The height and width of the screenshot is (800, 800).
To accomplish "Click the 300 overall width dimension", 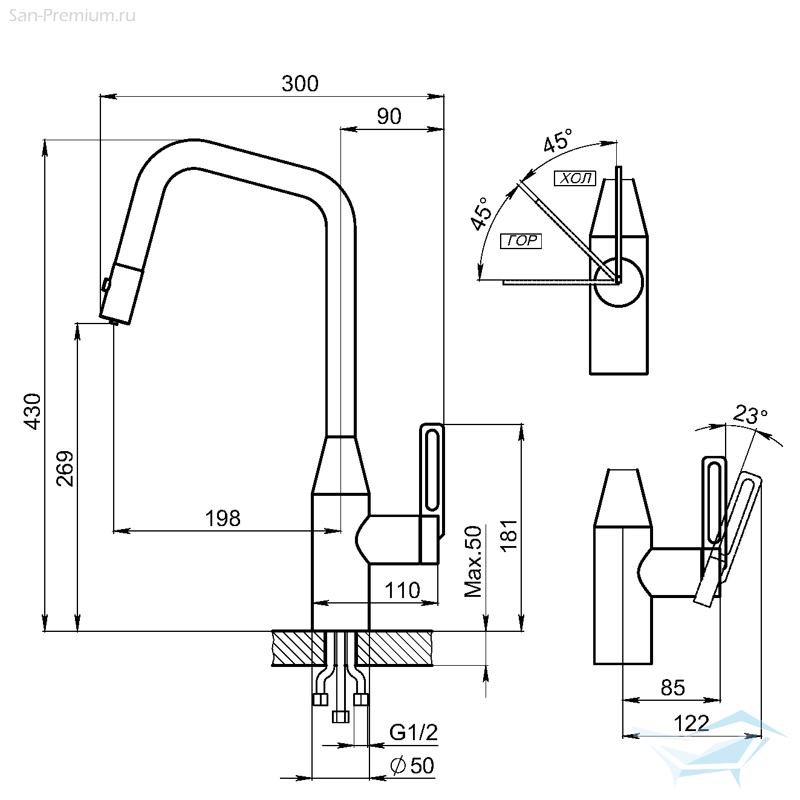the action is tap(300, 83).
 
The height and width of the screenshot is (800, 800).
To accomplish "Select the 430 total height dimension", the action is tap(33, 411).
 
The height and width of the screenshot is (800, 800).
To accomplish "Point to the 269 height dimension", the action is tap(65, 468).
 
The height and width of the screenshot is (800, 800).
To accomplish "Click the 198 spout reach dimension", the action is tap(223, 518).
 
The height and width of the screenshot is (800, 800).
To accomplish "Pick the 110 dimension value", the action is tap(402, 590).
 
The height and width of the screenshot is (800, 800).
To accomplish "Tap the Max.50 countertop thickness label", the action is tap(473, 561).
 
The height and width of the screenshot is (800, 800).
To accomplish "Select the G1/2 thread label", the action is tap(414, 732).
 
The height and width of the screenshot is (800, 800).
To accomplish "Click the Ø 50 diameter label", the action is tap(412, 765).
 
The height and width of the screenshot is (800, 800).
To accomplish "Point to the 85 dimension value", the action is tap(672, 688).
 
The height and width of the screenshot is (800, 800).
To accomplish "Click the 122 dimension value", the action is tap(691, 724).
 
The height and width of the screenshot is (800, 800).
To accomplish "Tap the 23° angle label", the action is tap(750, 414).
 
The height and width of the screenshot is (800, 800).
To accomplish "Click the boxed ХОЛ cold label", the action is tap(575, 178).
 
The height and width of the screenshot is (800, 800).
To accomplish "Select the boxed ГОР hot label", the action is tap(521, 241).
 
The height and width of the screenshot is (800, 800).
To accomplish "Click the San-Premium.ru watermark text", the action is tap(72, 16).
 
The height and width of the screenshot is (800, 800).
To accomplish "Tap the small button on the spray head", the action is tap(106, 284).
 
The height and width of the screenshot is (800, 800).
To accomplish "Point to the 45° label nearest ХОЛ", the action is tap(558, 140).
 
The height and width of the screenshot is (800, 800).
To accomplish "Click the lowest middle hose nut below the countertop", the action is tap(340, 717).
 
